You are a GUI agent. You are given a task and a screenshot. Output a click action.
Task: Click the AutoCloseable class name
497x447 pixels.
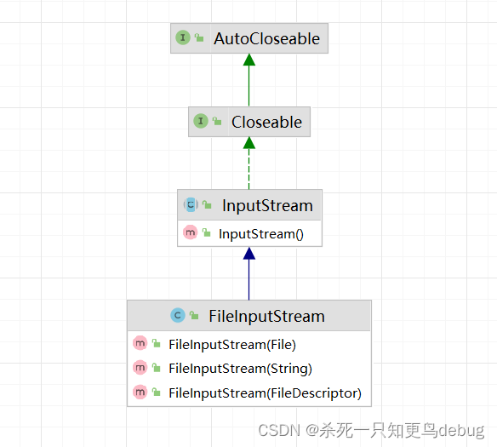pyautogui.click(x=266, y=38)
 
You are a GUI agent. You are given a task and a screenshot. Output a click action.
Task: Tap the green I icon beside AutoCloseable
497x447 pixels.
pyautogui.click(x=183, y=37)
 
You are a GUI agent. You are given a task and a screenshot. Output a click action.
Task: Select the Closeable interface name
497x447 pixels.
pyautogui.click(x=266, y=122)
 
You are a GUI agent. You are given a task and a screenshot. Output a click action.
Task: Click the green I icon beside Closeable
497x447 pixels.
pyautogui.click(x=201, y=121)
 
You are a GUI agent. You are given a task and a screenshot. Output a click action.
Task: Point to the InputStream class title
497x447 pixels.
pyautogui.click(x=267, y=205)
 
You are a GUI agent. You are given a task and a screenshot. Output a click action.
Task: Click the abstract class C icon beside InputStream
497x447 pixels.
pyautogui.click(x=191, y=204)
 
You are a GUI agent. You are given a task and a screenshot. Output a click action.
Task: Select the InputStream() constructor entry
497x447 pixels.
pyautogui.click(x=261, y=234)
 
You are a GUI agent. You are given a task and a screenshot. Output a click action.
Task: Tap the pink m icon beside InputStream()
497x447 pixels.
pyautogui.click(x=190, y=232)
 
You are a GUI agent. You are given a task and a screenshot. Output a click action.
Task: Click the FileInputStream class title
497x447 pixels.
pyautogui.click(x=267, y=317)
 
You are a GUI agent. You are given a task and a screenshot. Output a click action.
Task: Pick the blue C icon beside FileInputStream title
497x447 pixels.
pyautogui.click(x=178, y=315)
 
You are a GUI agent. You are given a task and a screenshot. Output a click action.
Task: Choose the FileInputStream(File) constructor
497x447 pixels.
pyautogui.click(x=232, y=345)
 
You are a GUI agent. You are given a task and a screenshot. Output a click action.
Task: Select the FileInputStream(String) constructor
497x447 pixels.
pyautogui.click(x=240, y=369)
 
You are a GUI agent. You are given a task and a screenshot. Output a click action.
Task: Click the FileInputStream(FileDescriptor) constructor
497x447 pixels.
pyautogui.click(x=265, y=393)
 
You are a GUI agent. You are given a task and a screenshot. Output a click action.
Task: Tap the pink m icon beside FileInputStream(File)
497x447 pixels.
pyautogui.click(x=140, y=343)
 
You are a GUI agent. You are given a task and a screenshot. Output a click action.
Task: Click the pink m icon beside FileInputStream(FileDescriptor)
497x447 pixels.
pyautogui.click(x=140, y=392)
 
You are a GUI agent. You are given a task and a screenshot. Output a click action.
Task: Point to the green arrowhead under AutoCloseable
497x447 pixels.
pyautogui.click(x=249, y=60)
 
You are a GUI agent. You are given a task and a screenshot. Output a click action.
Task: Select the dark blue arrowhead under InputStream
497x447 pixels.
pyautogui.click(x=249, y=254)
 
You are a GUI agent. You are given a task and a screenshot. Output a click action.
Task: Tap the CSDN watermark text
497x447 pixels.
pyautogui.click(x=371, y=431)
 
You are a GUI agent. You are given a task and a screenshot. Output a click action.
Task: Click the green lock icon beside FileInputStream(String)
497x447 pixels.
pyautogui.click(x=156, y=368)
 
